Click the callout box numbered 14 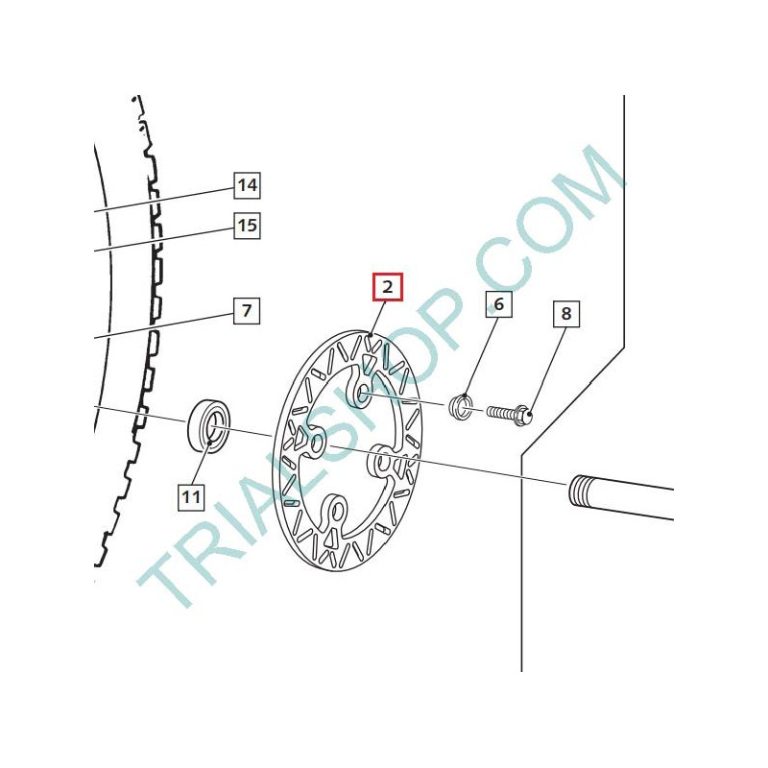pyautogui.click(x=247, y=185)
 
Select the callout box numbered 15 pyautogui.click(x=247, y=226)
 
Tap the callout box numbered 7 pyautogui.click(x=247, y=310)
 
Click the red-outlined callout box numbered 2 pyautogui.click(x=388, y=286)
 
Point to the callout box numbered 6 pyautogui.click(x=498, y=304)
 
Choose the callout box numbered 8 pyautogui.click(x=566, y=314)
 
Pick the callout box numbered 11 pyautogui.click(x=190, y=497)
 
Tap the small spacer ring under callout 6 pyautogui.click(x=462, y=406)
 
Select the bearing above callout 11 pyautogui.click(x=208, y=426)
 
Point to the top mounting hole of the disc pyautogui.click(x=364, y=392)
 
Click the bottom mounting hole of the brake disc pyautogui.click(x=337, y=513)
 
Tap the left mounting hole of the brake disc pyautogui.click(x=317, y=444)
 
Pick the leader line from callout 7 pyautogui.click(x=164, y=325)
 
